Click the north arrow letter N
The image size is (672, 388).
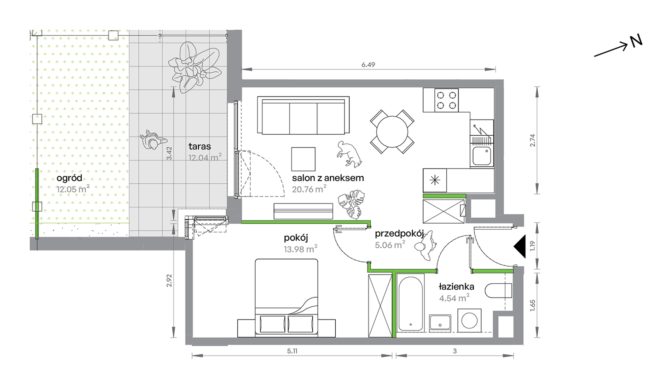click(636, 41)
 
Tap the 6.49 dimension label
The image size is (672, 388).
click(368, 65)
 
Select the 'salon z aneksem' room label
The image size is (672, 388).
click(328, 178)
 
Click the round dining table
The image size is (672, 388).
click(392, 132)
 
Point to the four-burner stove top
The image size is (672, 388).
click(446, 100)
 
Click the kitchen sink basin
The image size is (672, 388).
click(482, 156)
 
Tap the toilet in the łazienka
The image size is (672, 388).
click(498, 290)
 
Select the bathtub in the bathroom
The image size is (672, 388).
click(410, 303)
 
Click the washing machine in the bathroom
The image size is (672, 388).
click(469, 321)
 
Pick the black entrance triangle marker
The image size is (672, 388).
click(520, 246)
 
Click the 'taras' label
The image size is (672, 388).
click(199, 146)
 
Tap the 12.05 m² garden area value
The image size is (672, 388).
click(73, 189)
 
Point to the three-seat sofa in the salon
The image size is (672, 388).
click(303, 116)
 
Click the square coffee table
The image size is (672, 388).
click(303, 159)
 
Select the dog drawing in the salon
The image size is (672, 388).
click(349, 154)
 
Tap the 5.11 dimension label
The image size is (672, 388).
click(292, 351)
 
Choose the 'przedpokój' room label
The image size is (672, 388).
click(399, 234)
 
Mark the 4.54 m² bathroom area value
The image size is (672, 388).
click(454, 298)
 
